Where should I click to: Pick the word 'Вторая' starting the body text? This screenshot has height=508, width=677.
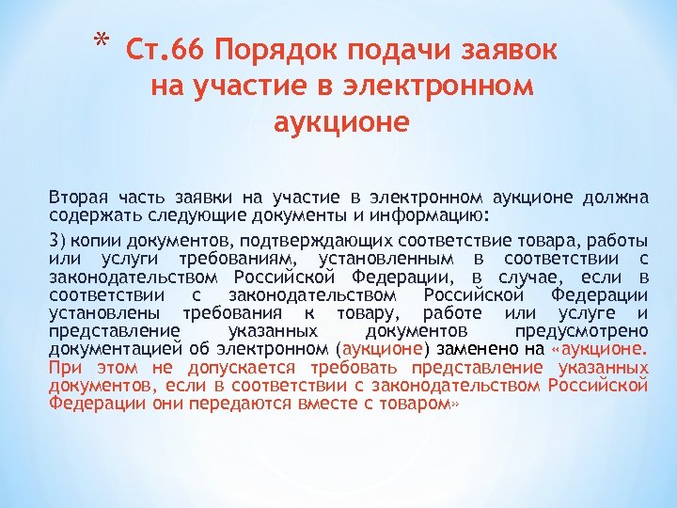pyautogui.click(x=80, y=198)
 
